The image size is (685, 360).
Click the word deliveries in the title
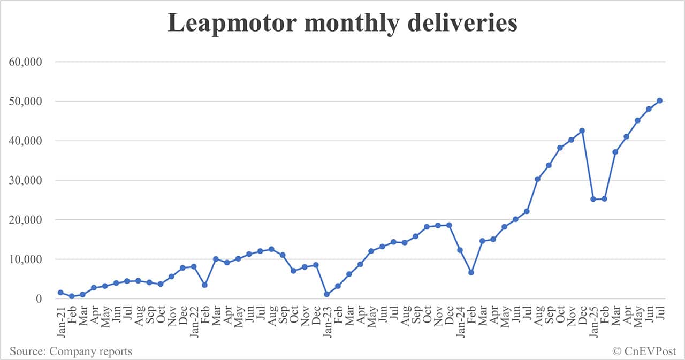tap(461, 23)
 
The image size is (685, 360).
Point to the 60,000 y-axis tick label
tap(26, 62)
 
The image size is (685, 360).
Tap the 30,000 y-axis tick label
tap(26, 180)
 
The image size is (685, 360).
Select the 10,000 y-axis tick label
tap(26, 259)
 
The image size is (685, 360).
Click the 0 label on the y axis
tap(39, 299)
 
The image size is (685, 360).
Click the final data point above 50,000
tap(660, 101)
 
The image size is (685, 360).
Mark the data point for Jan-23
tap(326, 294)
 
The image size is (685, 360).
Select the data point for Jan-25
tap(593, 199)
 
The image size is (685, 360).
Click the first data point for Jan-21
tap(60, 293)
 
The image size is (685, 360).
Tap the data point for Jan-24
tap(460, 250)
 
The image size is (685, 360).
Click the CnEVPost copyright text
tap(645, 351)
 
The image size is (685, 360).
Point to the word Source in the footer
tap(26, 351)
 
